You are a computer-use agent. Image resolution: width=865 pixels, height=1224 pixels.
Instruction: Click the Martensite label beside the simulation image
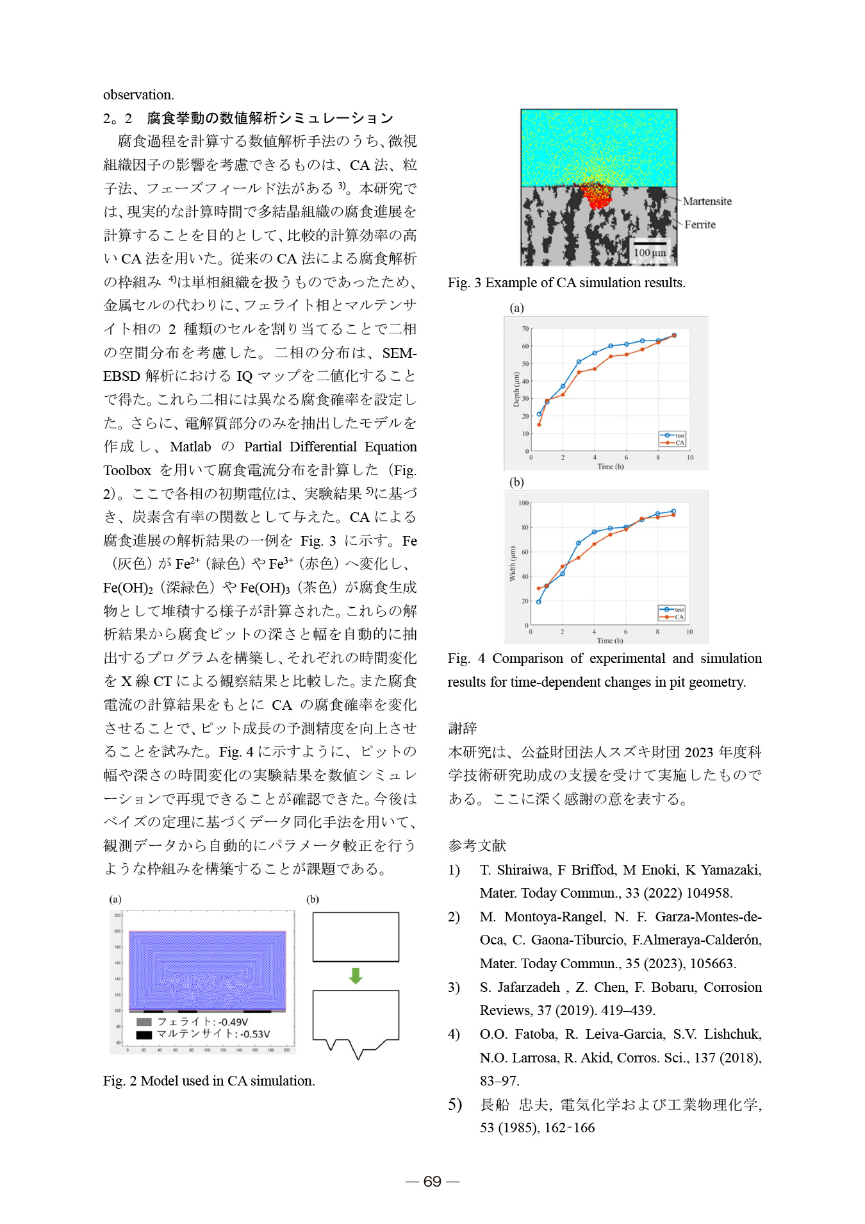pos(707,201)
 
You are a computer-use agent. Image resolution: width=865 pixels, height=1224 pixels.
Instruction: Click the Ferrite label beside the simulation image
pos(700,224)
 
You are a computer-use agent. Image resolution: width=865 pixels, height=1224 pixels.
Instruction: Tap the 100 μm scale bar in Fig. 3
pos(650,244)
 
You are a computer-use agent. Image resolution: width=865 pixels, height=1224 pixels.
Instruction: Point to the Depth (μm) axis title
pos(516,389)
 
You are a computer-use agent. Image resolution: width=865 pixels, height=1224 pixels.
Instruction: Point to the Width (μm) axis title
pos(512,564)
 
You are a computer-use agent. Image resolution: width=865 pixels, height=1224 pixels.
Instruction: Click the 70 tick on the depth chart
pos(525,329)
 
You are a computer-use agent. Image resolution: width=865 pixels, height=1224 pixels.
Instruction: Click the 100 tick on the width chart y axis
pos(523,503)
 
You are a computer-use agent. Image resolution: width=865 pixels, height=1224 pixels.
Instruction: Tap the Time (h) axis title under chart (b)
pos(609,641)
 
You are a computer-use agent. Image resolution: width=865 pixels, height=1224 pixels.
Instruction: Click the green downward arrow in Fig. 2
pos(356,976)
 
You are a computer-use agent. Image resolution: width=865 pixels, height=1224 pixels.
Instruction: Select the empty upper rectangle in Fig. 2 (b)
pos(356,937)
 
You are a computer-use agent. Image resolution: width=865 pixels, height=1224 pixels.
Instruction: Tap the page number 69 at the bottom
pos(432,1182)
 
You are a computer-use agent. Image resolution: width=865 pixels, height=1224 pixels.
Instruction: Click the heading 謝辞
pos(462,728)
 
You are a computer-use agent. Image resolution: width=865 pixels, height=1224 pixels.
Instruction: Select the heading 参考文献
pos(477,846)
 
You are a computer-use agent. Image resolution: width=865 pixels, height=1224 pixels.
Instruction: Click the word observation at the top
pos(138,95)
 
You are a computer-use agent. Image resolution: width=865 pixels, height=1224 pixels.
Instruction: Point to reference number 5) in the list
pos(455,1104)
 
